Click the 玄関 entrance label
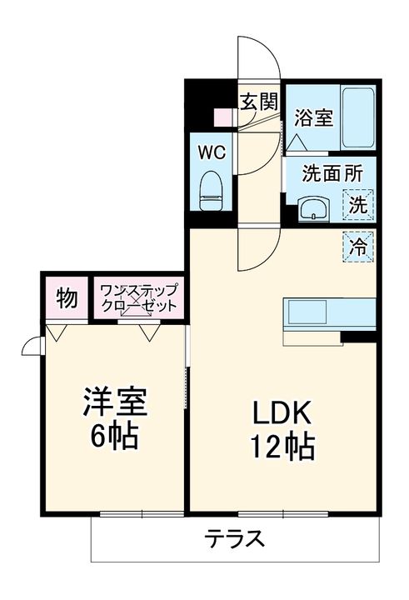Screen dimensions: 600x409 point(259,102)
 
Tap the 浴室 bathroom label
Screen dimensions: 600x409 point(314,117)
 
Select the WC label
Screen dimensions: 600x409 point(212,153)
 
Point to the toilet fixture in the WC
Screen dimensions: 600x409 point(212,191)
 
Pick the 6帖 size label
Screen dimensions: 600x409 point(115,436)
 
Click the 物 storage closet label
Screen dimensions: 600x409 point(67,297)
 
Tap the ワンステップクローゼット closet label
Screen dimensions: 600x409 point(138,297)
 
